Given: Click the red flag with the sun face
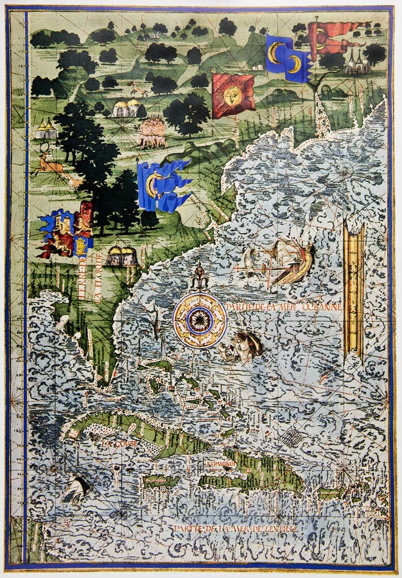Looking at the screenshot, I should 232,95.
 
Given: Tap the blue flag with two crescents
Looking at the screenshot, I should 287,58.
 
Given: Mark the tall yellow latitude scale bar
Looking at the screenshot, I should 354,289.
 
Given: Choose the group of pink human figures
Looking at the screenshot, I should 153,131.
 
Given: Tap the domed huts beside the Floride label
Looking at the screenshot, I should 122,256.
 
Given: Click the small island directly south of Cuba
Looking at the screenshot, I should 161,480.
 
